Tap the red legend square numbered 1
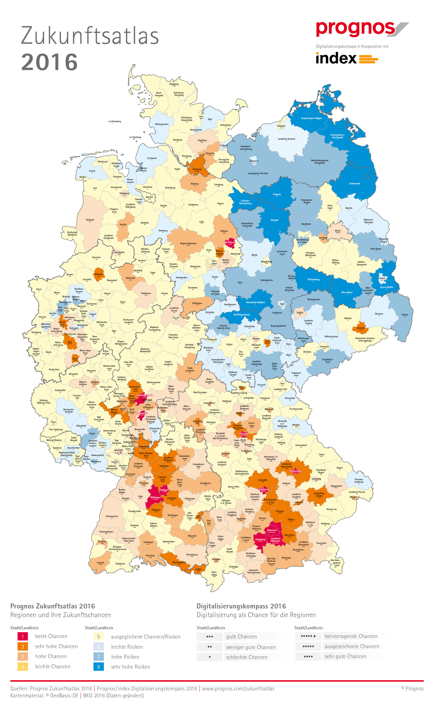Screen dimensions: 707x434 click(23, 636)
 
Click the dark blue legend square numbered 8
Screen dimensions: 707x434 click(99, 667)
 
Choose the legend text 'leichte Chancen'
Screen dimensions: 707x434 click(53, 667)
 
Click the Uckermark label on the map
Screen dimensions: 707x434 click(355, 183)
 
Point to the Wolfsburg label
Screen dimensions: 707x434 click(230, 242)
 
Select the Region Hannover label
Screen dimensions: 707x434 click(188, 243)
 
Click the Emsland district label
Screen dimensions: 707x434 click(90, 220)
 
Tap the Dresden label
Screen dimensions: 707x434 click(361, 328)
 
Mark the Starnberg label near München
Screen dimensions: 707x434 click(260, 539)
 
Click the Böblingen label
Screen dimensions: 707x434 click(156, 497)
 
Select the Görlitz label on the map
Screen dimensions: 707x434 click(405, 315)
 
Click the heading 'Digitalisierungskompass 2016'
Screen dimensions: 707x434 click(241, 606)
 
